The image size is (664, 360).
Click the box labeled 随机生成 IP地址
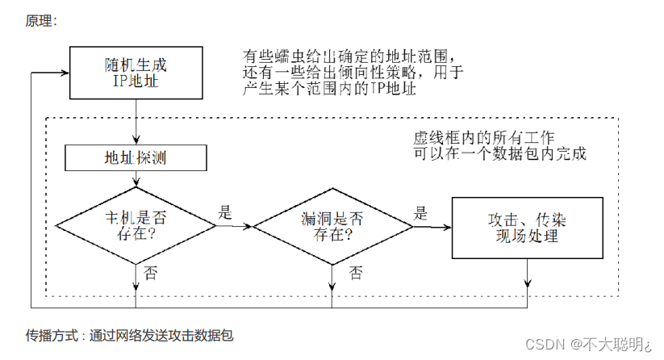click(x=136, y=70)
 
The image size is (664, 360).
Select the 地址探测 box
click(x=135, y=158)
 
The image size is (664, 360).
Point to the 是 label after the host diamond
click(x=225, y=213)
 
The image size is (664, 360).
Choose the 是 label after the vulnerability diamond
click(x=420, y=213)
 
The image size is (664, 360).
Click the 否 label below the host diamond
click(x=150, y=272)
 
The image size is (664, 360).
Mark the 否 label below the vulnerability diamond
click(x=355, y=273)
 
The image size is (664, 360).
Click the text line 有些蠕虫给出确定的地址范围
click(x=353, y=57)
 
